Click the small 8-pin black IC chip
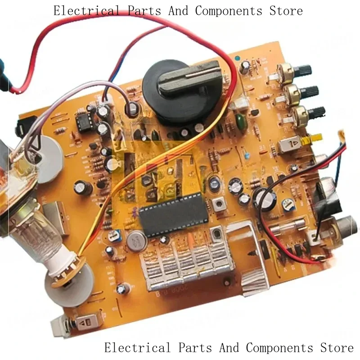tap(83, 121)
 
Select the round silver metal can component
tap(136, 241)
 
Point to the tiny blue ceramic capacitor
tap(247, 155)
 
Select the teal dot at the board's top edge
tap(237, 57)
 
